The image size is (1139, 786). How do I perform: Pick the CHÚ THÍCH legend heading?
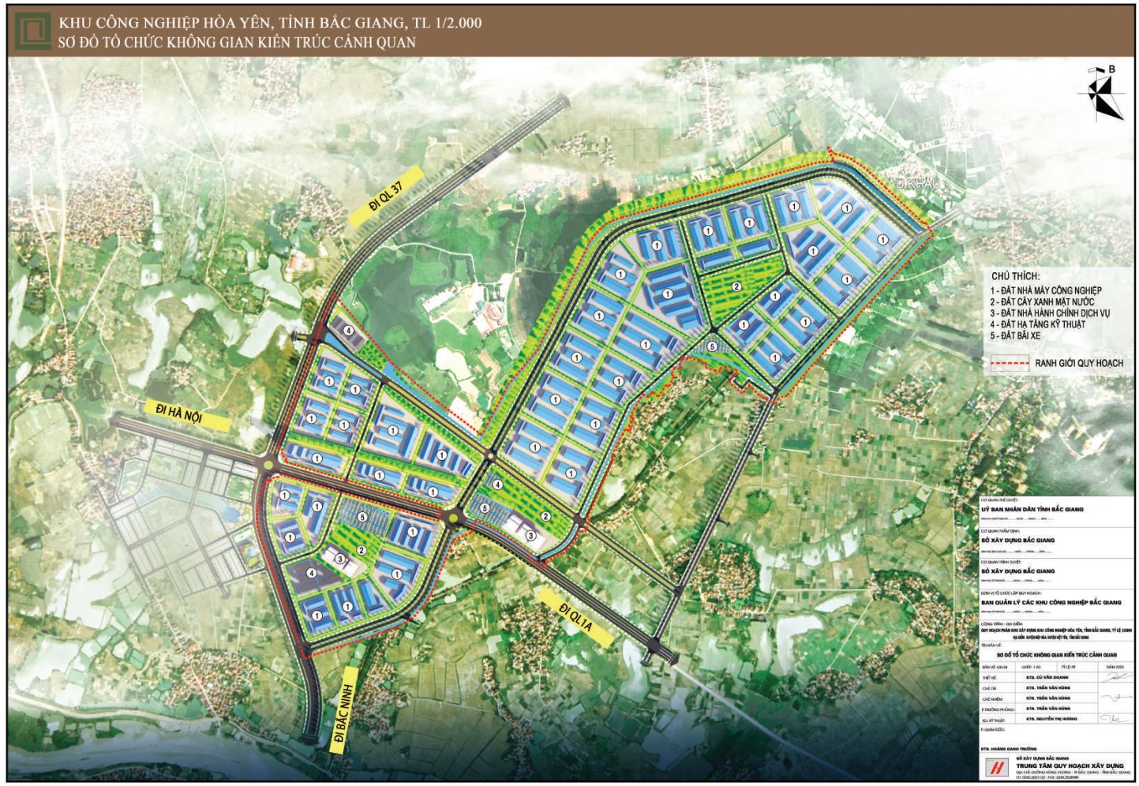(x=1015, y=276)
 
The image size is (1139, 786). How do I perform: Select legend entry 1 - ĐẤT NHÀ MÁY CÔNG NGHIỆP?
(x=1045, y=290)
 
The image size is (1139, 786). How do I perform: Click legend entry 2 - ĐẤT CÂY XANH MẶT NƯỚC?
(x=1042, y=301)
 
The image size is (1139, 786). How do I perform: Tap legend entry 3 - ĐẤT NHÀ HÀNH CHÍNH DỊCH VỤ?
(x=1049, y=313)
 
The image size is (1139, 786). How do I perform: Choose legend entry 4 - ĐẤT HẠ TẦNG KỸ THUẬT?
(x=1037, y=324)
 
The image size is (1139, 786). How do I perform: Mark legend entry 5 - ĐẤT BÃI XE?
(x=1015, y=335)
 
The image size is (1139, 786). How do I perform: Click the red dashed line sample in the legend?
(x=1010, y=363)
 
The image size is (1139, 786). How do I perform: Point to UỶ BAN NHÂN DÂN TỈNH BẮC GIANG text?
(x=1032, y=510)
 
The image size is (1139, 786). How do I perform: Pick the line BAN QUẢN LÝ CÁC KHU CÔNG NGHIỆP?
(x=1051, y=602)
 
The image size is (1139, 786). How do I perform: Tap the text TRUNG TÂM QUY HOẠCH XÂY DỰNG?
(x=1070, y=765)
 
